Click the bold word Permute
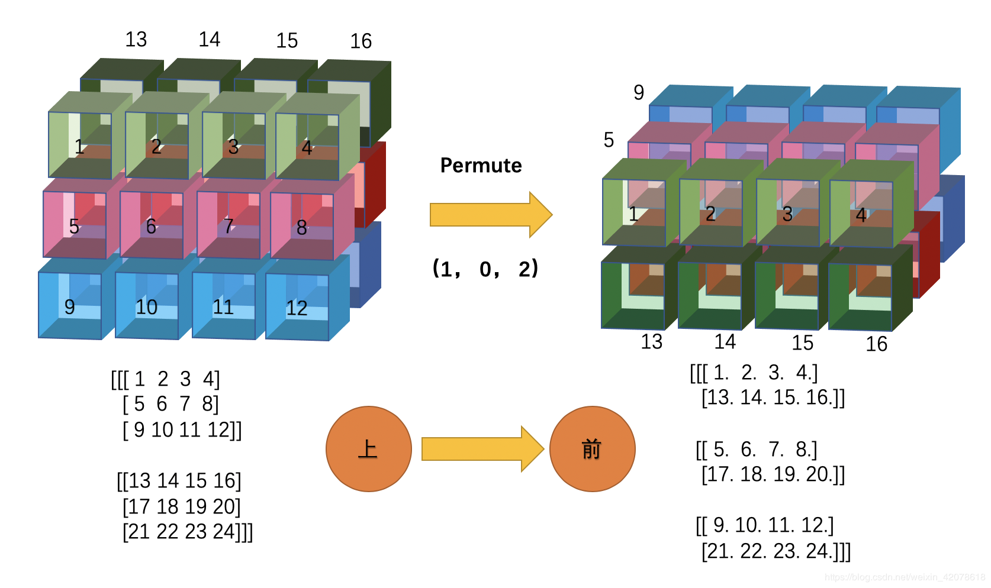pyautogui.click(x=481, y=166)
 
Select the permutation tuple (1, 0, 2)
pyautogui.click(x=485, y=269)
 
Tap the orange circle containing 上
pyautogui.click(x=369, y=449)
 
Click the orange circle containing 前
pyautogui.click(x=593, y=449)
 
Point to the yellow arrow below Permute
pyautogui.click(x=491, y=215)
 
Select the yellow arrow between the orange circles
pyautogui.click(x=482, y=449)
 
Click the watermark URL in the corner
pyautogui.click(x=905, y=577)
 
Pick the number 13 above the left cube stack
pyautogui.click(x=136, y=40)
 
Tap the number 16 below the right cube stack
pyautogui.click(x=876, y=344)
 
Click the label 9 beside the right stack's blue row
pyautogui.click(x=638, y=92)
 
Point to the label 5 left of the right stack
pyautogui.click(x=609, y=140)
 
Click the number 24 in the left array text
pyautogui.click(x=224, y=531)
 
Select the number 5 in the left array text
pyautogui.click(x=139, y=404)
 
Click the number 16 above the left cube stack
pyautogui.click(x=361, y=41)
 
